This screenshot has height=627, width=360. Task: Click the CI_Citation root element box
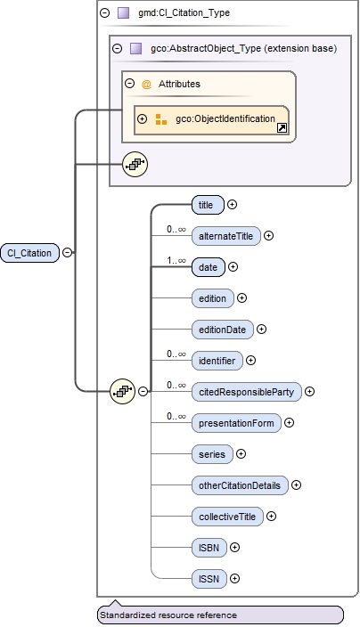click(29, 252)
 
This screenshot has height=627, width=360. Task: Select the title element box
click(207, 204)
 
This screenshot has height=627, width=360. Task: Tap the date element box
click(207, 266)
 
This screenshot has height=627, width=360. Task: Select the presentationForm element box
click(235, 422)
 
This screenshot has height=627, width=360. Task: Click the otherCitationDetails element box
click(239, 485)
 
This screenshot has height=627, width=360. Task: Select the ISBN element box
click(209, 547)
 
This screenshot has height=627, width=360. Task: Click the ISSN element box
click(209, 578)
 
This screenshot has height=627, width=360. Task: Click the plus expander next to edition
click(241, 297)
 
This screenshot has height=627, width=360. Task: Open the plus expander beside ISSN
click(234, 578)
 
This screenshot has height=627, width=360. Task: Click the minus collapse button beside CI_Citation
click(68, 252)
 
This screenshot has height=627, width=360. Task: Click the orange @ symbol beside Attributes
click(146, 84)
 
